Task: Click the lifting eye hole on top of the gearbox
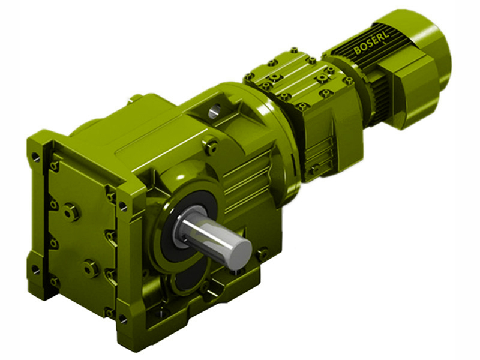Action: tap(215, 110)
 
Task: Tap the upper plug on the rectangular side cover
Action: tap(71, 211)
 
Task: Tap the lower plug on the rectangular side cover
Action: tap(91, 268)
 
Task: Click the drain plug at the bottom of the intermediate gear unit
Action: tap(314, 169)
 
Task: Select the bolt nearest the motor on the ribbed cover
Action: tap(347, 80)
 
